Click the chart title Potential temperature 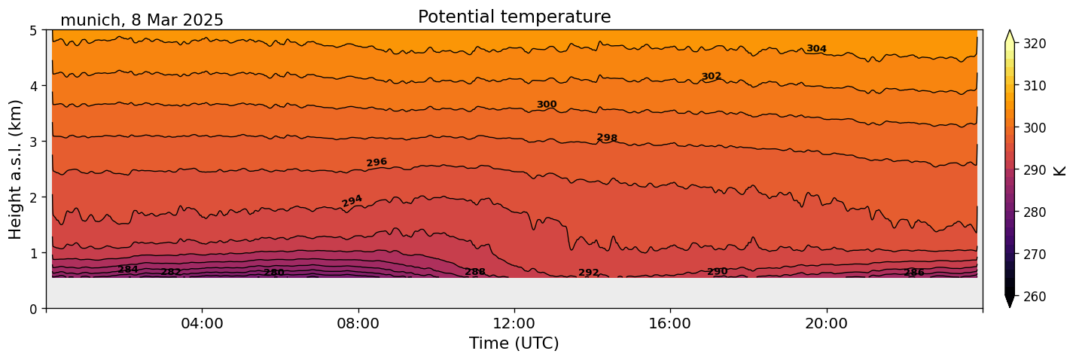pos(514,17)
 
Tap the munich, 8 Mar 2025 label pos(142,20)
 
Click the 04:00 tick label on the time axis pos(202,324)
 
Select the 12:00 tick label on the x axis pos(514,324)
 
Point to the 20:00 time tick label pos(826,324)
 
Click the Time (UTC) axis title pos(514,344)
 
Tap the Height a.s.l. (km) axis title pos(17,169)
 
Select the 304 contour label pos(816,49)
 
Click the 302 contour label pos(712,76)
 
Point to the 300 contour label pos(547,105)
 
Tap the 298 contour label pos(607,138)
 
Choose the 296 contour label pos(376,162)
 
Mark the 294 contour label pos(352,200)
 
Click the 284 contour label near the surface pos(128,270)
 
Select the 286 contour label pos(914,273)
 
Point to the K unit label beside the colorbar pos(1060,170)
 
